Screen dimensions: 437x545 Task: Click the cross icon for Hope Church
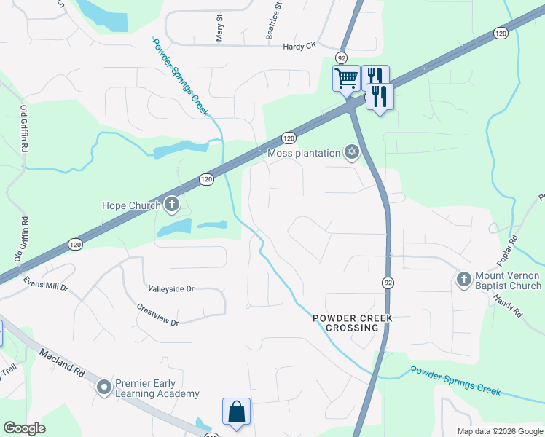point(172,205)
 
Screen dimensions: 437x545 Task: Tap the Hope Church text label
point(131,205)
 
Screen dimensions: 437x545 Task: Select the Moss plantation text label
point(304,153)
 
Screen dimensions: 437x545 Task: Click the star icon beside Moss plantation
point(353,152)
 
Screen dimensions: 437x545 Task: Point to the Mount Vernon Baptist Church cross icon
point(463,279)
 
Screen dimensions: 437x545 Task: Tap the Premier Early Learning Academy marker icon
point(105,387)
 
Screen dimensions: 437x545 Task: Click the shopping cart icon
point(346,77)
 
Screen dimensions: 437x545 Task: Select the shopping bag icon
point(236,411)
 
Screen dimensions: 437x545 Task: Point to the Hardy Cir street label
point(299,47)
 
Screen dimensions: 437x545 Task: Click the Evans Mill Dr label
point(44,284)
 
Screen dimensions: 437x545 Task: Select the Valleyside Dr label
point(170,288)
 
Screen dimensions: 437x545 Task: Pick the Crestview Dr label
point(157,314)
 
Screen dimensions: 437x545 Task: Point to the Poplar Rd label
point(522,250)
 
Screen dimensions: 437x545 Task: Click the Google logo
point(25,428)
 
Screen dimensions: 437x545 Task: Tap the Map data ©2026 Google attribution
point(499,431)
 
